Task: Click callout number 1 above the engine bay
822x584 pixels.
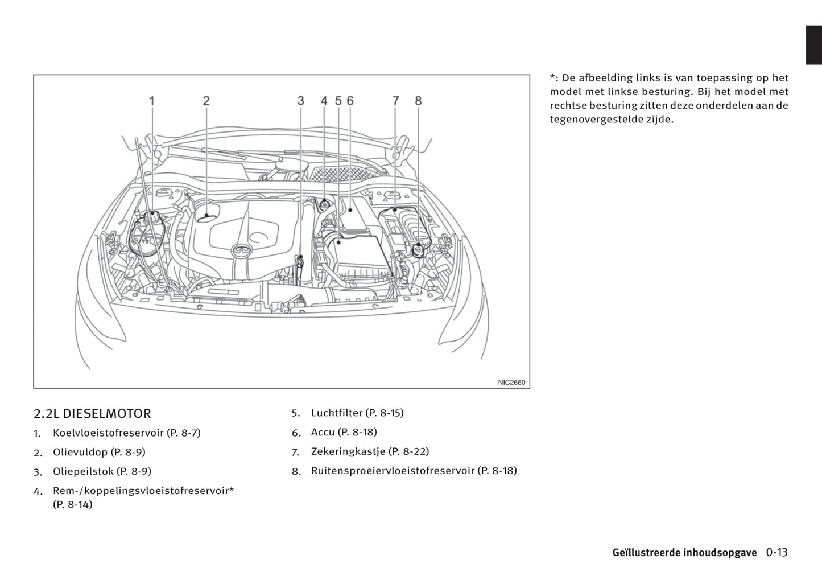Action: pyautogui.click(x=152, y=101)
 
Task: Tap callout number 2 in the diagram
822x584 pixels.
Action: pyautogui.click(x=206, y=101)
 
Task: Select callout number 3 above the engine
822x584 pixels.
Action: pyautogui.click(x=300, y=101)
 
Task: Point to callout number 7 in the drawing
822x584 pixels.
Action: pyautogui.click(x=395, y=101)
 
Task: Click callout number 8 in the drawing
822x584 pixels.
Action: pyautogui.click(x=418, y=101)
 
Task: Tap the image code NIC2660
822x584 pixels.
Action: pyautogui.click(x=511, y=383)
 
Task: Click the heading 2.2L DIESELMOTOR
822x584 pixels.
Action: pyautogui.click(x=92, y=414)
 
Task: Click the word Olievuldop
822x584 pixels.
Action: pyautogui.click(x=80, y=452)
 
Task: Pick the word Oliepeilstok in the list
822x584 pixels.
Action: pyautogui.click(x=83, y=471)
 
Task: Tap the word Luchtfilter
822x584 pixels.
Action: pyautogui.click(x=337, y=413)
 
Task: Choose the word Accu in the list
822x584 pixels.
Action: pyautogui.click(x=323, y=432)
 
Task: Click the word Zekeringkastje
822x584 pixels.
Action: pyautogui.click(x=348, y=451)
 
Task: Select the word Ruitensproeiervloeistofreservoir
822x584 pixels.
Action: pyautogui.click(x=393, y=471)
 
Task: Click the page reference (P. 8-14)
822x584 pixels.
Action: pyautogui.click(x=72, y=504)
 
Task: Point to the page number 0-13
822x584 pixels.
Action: pyautogui.click(x=776, y=552)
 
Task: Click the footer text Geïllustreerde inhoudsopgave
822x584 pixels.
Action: pyautogui.click(x=684, y=553)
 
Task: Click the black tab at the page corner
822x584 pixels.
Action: pyautogui.click(x=813, y=45)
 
